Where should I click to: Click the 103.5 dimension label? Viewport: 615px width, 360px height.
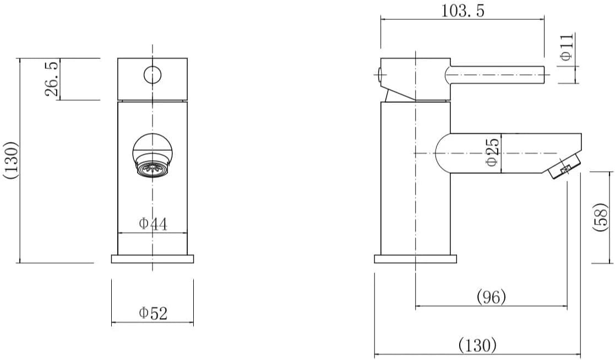tap(463, 10)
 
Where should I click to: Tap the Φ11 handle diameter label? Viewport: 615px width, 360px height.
tap(567, 47)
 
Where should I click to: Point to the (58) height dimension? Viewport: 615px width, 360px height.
tap(601, 217)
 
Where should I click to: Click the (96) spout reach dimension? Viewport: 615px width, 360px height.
tap(491, 297)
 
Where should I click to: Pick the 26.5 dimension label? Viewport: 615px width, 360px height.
tap(52, 79)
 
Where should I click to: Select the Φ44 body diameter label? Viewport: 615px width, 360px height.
tap(153, 224)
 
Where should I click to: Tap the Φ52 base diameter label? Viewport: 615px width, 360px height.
tap(153, 313)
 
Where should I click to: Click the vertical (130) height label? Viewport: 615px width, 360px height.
tap(10, 160)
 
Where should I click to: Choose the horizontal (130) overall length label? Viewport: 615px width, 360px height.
tap(477, 346)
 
